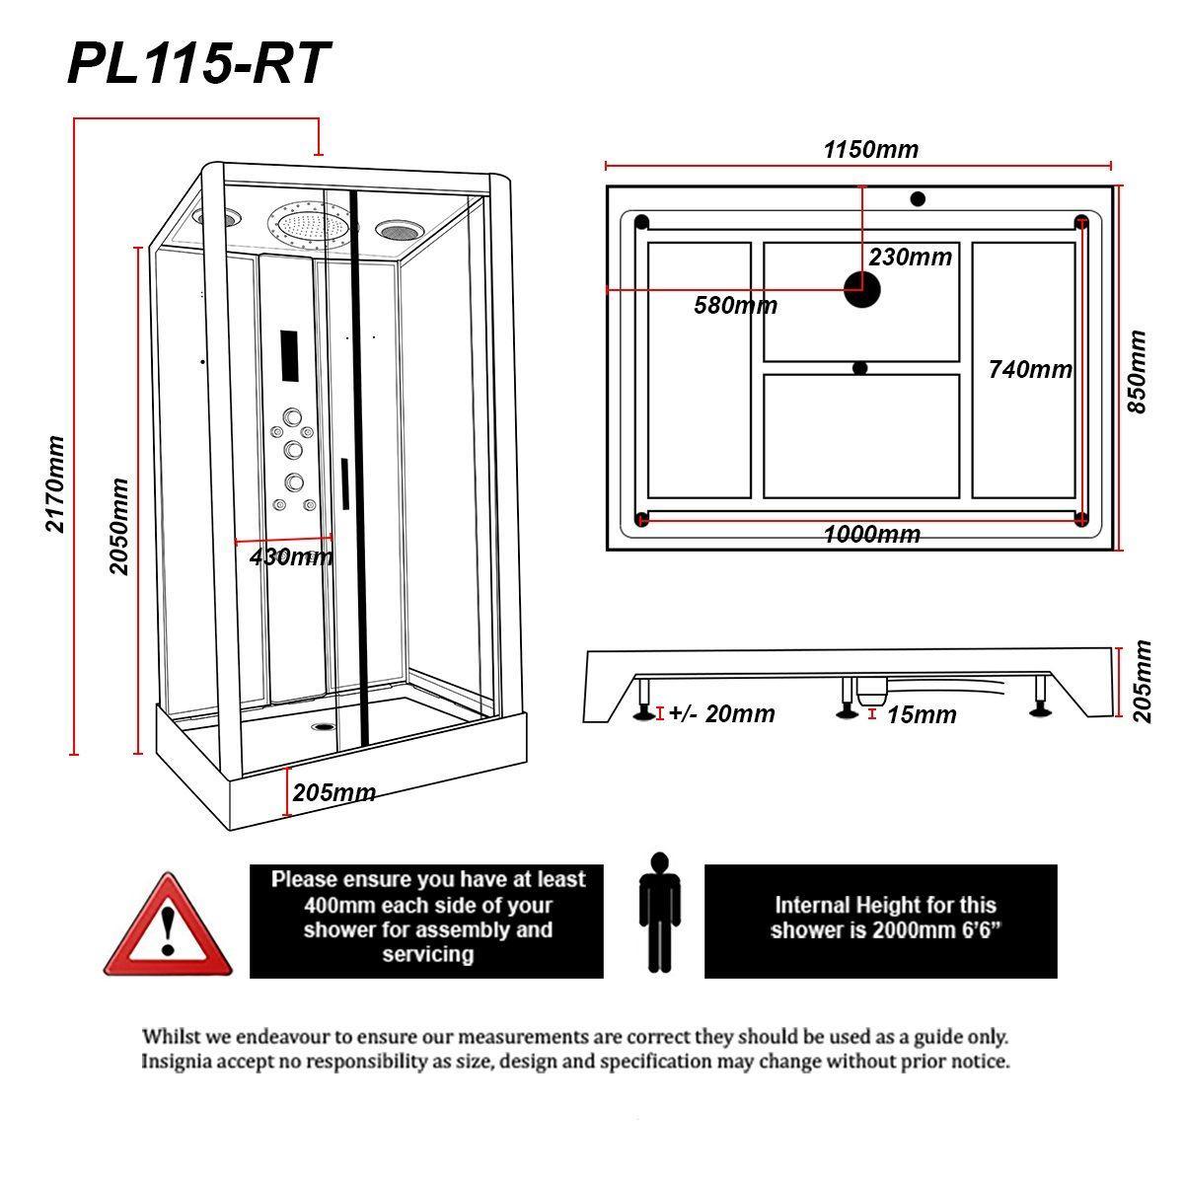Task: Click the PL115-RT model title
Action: (198, 63)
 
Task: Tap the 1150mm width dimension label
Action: (870, 149)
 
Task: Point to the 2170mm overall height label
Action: (54, 484)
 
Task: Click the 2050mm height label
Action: (118, 526)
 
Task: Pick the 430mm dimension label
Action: (291, 557)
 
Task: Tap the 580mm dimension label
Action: (735, 305)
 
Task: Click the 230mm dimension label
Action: (910, 257)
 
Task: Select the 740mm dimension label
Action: (1030, 369)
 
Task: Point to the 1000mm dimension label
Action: (872, 534)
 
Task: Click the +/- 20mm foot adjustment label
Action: (721, 713)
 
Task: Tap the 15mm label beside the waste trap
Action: (922, 714)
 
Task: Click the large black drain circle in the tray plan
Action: (861, 289)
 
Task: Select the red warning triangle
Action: (167, 925)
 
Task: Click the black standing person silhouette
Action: (659, 913)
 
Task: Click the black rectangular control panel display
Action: (289, 356)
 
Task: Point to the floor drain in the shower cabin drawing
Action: (324, 727)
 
